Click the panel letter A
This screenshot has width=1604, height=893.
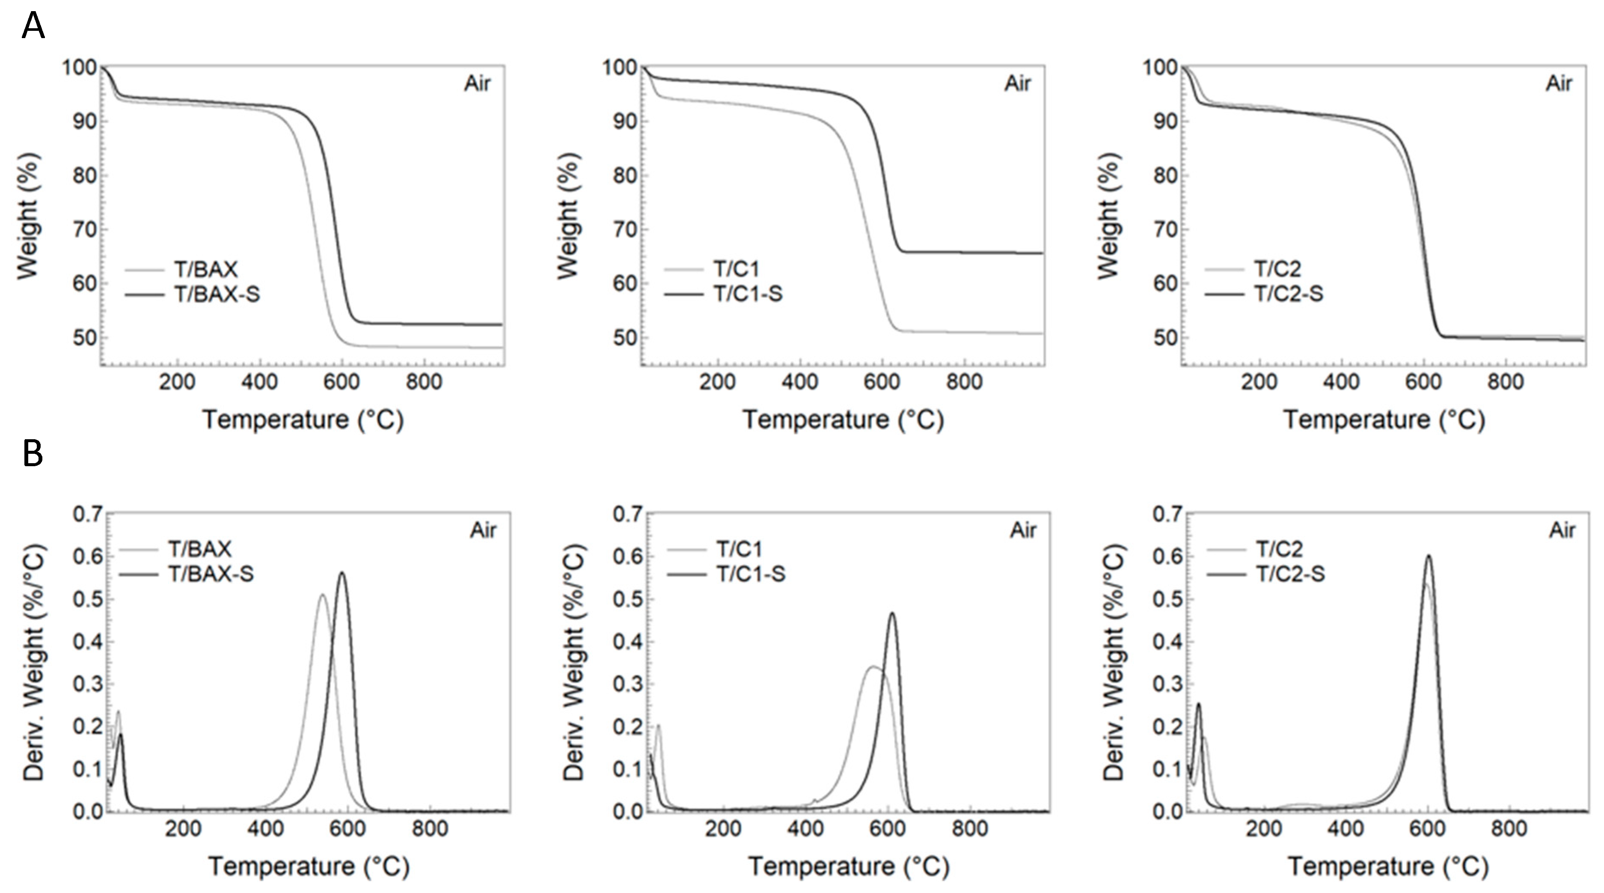[x=33, y=26]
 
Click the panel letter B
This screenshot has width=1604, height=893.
[x=33, y=453]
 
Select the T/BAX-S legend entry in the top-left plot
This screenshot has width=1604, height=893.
[x=216, y=293]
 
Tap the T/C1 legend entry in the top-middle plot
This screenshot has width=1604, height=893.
[x=736, y=269]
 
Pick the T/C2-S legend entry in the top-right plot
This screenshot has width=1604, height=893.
[x=1288, y=293]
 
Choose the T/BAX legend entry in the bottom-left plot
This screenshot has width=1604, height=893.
[x=199, y=549]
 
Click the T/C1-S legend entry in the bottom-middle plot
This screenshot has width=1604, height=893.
[x=750, y=574]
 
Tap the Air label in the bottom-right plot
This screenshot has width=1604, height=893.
[x=1562, y=530]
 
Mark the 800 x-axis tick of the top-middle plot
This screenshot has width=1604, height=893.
[x=964, y=381]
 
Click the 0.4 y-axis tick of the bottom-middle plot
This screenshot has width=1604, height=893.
[x=628, y=642]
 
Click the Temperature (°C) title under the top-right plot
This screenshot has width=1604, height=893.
[x=1384, y=420]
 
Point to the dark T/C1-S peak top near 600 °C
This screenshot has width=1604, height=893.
[x=892, y=613]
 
